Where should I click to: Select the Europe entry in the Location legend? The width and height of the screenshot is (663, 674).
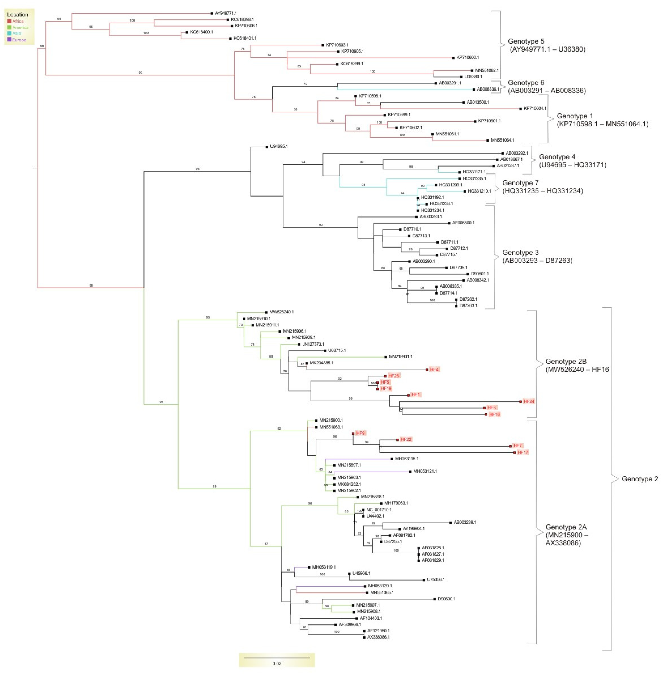19,40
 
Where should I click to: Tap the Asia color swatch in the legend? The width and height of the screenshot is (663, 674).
9,33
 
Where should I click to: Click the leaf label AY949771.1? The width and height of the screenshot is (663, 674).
226,13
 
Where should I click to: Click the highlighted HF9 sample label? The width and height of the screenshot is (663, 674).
360,433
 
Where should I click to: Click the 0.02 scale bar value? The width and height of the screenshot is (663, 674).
277,664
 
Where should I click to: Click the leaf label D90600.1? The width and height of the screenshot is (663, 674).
446,599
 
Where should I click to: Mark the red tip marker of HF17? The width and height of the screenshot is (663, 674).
514,453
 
